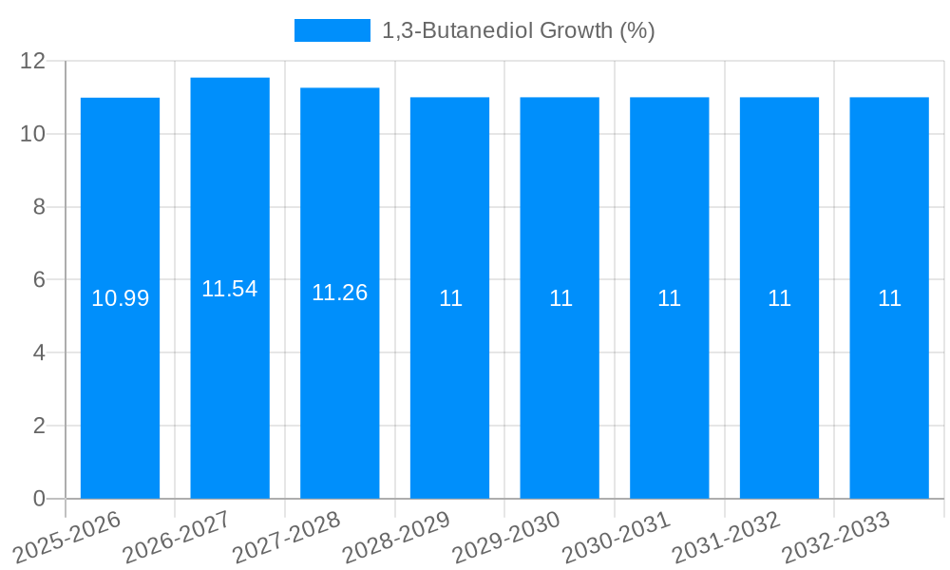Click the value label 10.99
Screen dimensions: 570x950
coord(121,298)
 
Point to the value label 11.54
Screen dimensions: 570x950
coord(230,289)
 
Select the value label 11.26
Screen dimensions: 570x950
coord(340,294)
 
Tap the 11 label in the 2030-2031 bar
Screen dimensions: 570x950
coord(670,298)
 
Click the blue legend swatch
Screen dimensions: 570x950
coord(332,30)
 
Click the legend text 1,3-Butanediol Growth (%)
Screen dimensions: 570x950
coord(519,30)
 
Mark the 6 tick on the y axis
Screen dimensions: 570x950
coord(39,280)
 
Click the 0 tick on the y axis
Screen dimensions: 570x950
coord(39,499)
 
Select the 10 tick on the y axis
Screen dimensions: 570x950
coord(33,134)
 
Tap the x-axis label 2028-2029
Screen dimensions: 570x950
coord(396,538)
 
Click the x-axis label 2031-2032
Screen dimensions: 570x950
coord(726,538)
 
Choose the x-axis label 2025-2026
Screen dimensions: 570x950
coord(66,538)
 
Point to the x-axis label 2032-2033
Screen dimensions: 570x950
coord(836,538)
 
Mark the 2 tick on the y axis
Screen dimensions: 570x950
coord(39,426)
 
